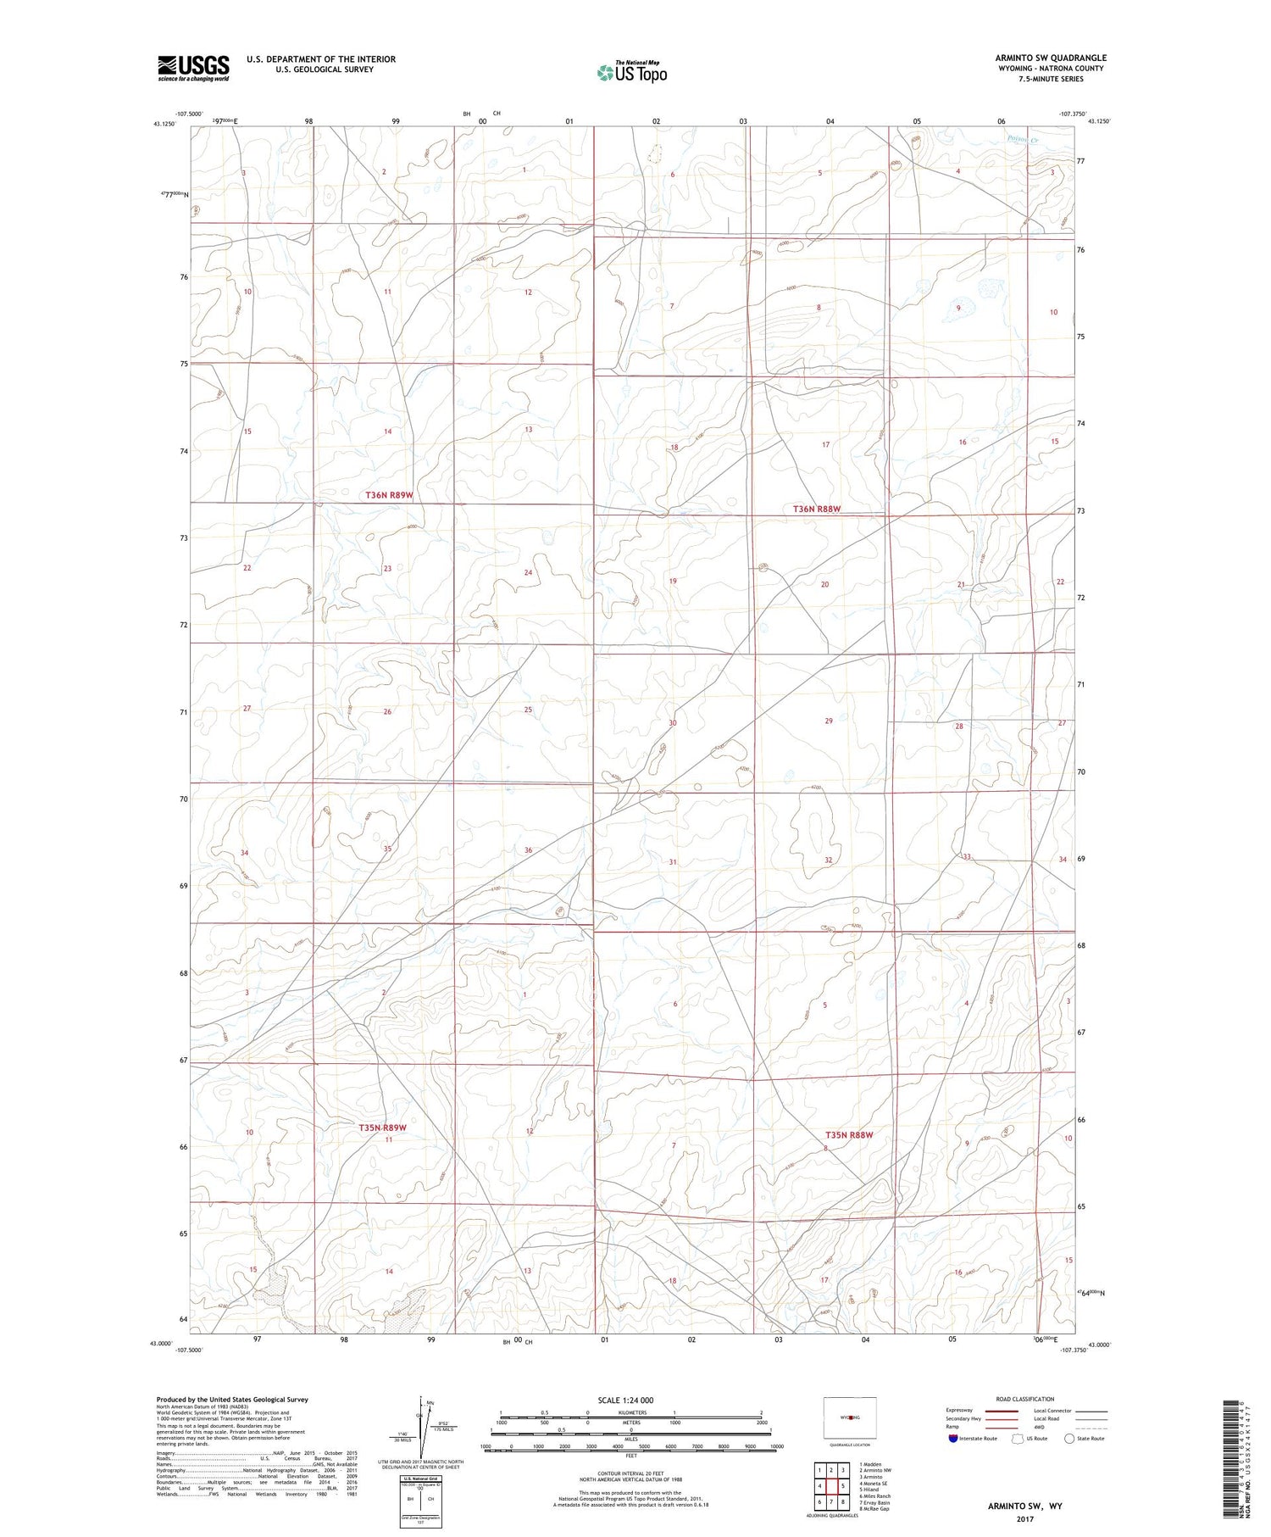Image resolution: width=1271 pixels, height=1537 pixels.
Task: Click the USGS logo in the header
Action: (x=193, y=67)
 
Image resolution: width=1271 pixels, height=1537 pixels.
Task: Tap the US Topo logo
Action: (x=631, y=73)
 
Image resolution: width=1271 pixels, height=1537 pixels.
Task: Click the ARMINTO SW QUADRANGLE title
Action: (x=1051, y=58)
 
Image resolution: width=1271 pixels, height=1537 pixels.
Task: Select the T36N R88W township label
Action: (x=817, y=509)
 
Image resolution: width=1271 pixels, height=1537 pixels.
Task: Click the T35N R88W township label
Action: (x=849, y=1134)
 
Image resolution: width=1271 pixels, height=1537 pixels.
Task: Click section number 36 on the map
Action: (x=528, y=850)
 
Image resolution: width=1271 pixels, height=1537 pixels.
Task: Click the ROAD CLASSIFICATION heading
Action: (x=1025, y=1399)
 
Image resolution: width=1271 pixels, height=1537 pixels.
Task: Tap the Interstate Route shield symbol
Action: (x=953, y=1439)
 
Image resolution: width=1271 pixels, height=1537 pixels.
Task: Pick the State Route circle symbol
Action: (x=1070, y=1439)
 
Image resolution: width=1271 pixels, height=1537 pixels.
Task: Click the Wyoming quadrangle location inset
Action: (x=849, y=1417)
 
